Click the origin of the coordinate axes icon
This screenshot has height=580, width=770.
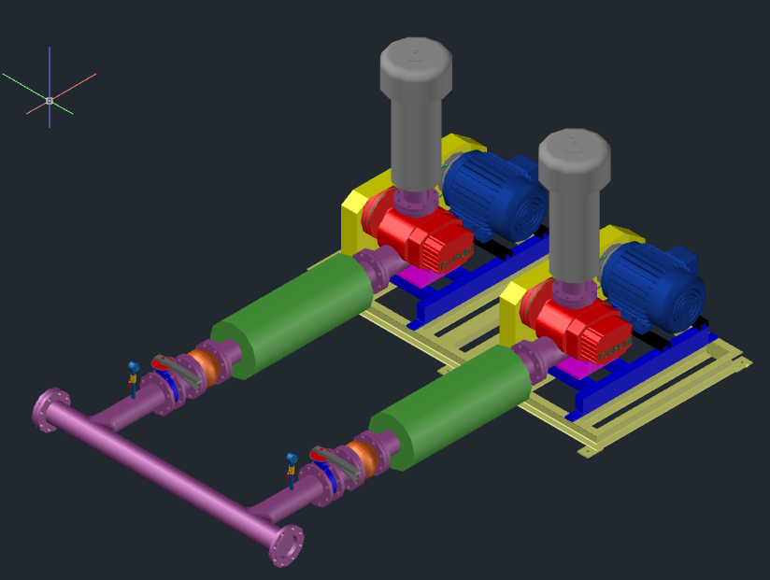pyautogui.click(x=50, y=100)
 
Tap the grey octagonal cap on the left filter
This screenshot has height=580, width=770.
pyautogui.click(x=416, y=64)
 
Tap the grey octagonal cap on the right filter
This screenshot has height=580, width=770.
pyautogui.click(x=574, y=155)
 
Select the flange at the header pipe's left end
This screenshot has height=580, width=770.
pyautogui.click(x=50, y=410)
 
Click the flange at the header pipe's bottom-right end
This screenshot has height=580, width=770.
pyautogui.click(x=286, y=546)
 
